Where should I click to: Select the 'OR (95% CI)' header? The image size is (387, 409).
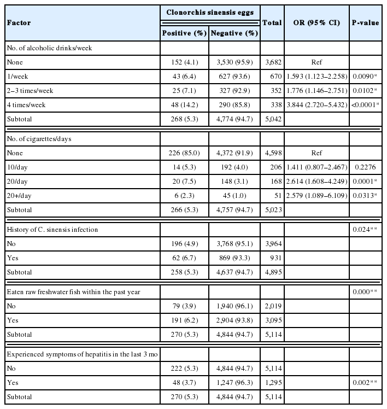coord(316,22)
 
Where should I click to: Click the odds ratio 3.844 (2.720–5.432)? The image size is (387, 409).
coord(316,102)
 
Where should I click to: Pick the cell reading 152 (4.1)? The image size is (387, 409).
coord(185,62)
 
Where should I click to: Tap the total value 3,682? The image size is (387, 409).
coord(272,62)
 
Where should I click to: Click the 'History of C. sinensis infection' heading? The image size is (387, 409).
coord(52,229)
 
